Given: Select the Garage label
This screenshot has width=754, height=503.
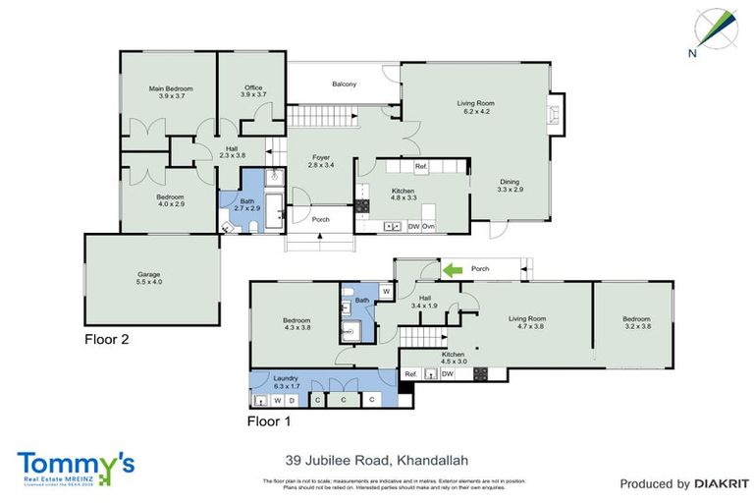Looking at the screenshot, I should coord(148,278).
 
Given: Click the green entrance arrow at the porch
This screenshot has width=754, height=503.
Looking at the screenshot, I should coord(452,267).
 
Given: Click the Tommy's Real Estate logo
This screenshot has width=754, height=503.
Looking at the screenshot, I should coord(76,468).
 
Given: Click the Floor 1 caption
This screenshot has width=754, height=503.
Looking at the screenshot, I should coord(269,421).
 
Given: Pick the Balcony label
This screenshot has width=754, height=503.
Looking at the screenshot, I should coord(344,84).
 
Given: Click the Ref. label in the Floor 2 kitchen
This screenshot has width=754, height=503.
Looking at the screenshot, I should coord(421,166).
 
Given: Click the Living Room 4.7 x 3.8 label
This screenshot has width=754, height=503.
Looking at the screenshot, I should coord(525,322).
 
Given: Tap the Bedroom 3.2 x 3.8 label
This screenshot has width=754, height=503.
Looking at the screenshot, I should coord(635,322).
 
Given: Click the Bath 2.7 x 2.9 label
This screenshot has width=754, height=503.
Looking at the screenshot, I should coord(245,204).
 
